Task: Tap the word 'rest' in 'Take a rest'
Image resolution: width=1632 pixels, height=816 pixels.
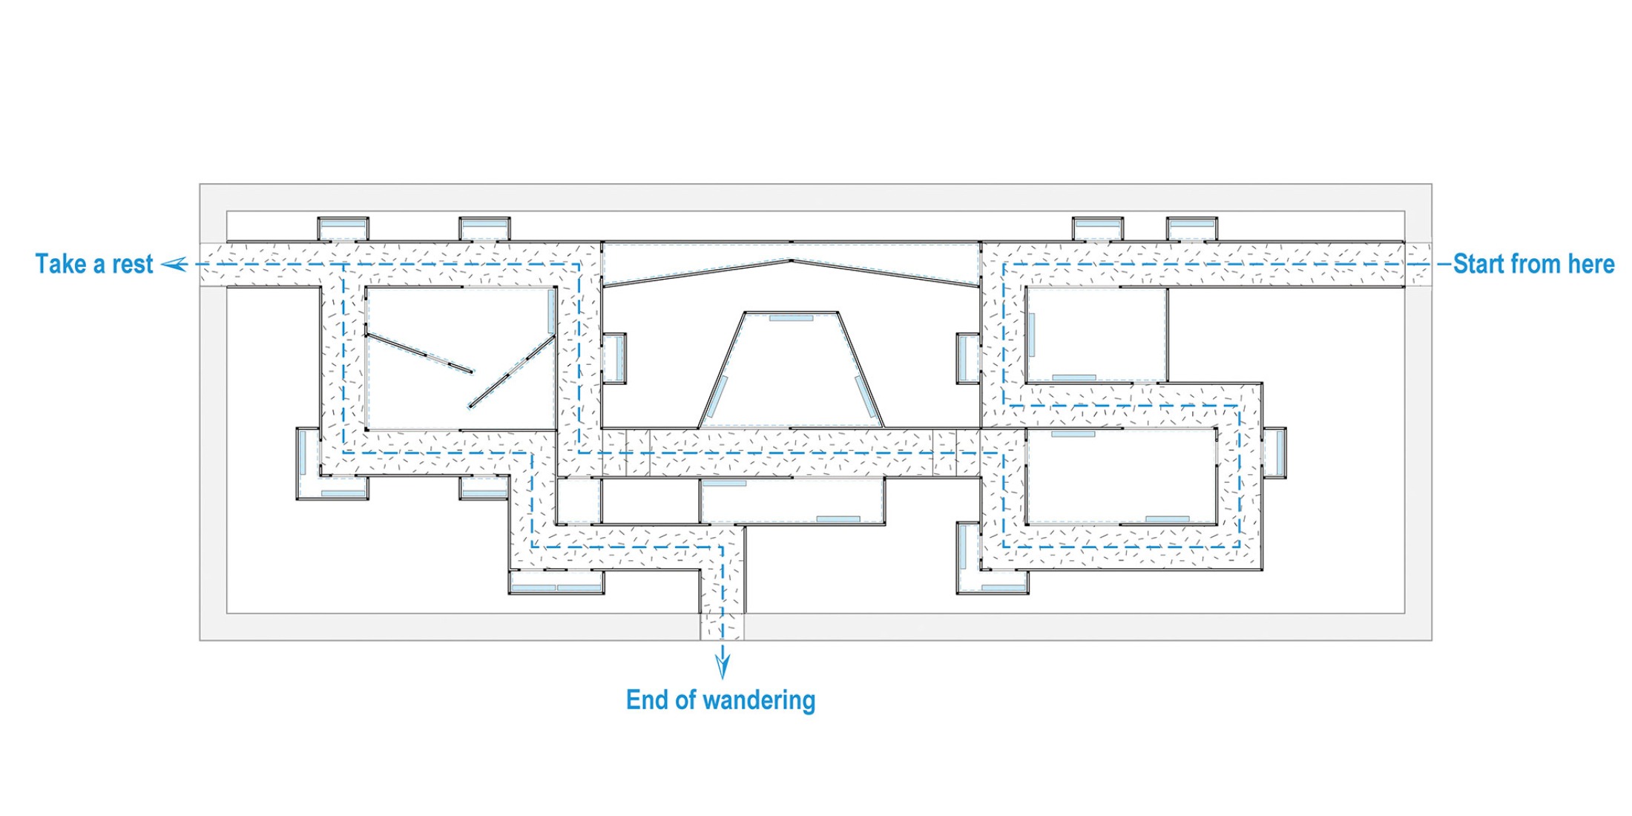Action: pyautogui.click(x=132, y=264)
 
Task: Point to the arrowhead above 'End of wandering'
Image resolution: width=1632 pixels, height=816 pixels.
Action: pyautogui.click(x=722, y=667)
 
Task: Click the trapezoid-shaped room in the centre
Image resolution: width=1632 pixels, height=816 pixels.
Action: pyautogui.click(x=792, y=371)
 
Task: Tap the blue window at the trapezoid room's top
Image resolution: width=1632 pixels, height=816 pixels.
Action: pyautogui.click(x=791, y=318)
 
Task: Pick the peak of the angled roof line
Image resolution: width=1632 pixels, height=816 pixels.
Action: pyautogui.click(x=792, y=260)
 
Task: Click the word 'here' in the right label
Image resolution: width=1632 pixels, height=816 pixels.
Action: pyautogui.click(x=1591, y=264)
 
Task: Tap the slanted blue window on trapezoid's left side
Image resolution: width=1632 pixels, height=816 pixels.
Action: pyautogui.click(x=717, y=397)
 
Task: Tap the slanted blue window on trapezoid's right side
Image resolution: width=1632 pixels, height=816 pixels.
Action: pyautogui.click(x=865, y=397)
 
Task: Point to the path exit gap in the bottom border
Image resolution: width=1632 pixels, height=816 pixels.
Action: pyautogui.click(x=722, y=627)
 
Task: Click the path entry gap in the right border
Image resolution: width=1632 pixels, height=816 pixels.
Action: pyautogui.click(x=1418, y=264)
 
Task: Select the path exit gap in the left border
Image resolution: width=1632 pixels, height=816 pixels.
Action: pyautogui.click(x=213, y=264)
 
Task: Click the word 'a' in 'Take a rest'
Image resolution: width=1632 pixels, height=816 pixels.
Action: pyautogui.click(x=99, y=264)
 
